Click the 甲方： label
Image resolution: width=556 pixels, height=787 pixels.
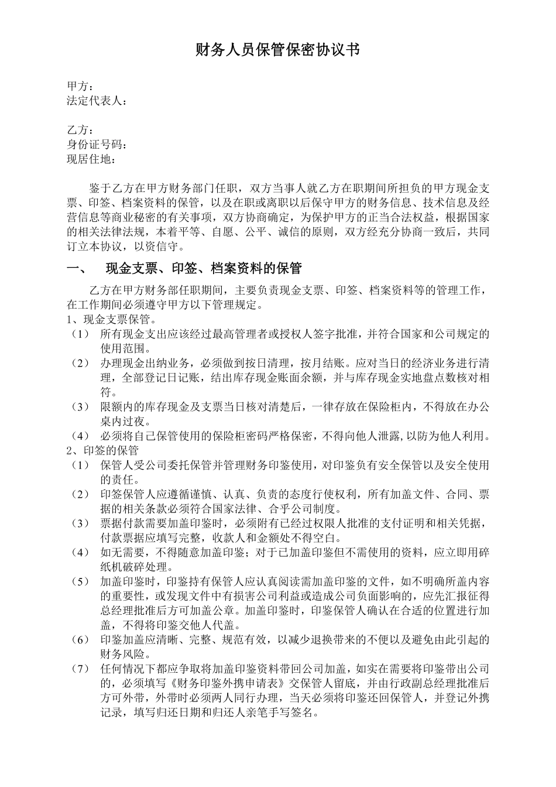coord(80,87)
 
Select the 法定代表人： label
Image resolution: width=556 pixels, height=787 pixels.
coord(97,101)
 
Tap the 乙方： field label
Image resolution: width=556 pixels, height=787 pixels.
coord(80,130)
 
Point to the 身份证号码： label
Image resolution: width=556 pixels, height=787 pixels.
coord(97,145)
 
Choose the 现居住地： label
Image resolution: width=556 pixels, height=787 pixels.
coord(91,159)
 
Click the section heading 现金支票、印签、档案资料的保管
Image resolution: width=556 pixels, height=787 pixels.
coord(203,269)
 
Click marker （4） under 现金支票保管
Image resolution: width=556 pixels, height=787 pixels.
coord(80,436)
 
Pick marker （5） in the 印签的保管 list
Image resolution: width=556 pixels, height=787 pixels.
coord(80,581)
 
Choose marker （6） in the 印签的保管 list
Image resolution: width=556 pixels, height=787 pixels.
coord(80,639)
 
